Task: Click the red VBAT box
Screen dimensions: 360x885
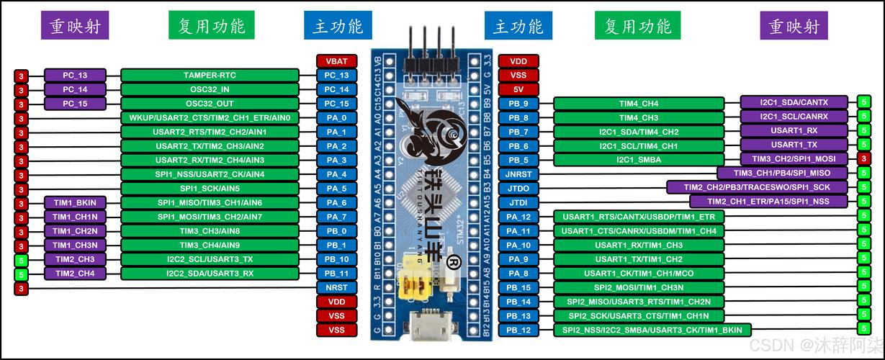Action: pos(336,61)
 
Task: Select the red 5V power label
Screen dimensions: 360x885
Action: pos(518,89)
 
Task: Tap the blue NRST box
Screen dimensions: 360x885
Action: pos(336,287)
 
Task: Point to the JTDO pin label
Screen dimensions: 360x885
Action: pos(518,189)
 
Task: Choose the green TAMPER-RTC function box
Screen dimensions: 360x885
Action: pos(210,75)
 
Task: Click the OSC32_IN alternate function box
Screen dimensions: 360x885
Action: pos(210,89)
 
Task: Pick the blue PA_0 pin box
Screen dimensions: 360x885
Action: pos(336,117)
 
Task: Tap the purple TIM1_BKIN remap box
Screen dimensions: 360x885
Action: pos(75,202)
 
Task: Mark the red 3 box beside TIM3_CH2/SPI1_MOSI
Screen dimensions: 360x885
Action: pos(863,158)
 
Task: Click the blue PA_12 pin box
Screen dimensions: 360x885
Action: pos(518,217)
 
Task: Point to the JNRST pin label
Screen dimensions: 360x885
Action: pos(518,174)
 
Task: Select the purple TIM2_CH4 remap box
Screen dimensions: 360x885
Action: pos(75,273)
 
